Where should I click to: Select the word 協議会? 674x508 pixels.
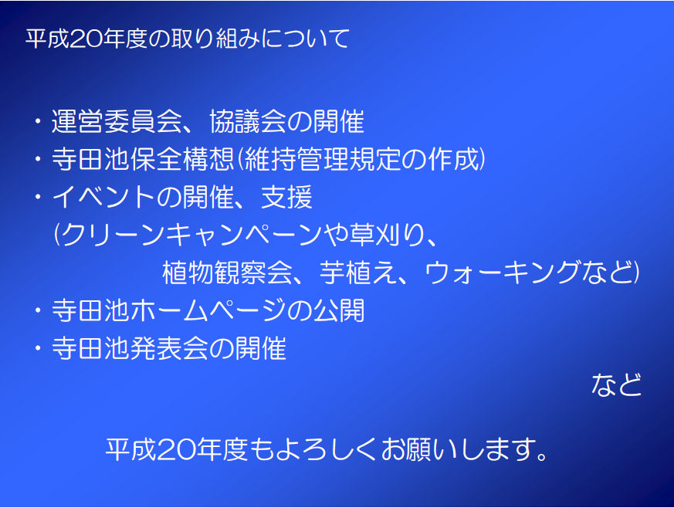tap(248, 121)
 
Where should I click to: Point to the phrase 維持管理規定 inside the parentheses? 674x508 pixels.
tap(323, 159)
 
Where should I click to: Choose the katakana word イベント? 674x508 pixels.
tap(103, 198)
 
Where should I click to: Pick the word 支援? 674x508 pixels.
tap(286, 198)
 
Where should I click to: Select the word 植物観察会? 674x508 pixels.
tap(228, 273)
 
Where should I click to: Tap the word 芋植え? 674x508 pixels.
tap(358, 273)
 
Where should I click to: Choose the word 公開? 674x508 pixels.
tap(339, 310)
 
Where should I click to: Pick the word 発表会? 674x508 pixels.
tap(169, 348)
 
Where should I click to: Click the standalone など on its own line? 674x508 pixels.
tap(616, 384)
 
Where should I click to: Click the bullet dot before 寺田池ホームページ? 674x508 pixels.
tap(39, 310)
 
